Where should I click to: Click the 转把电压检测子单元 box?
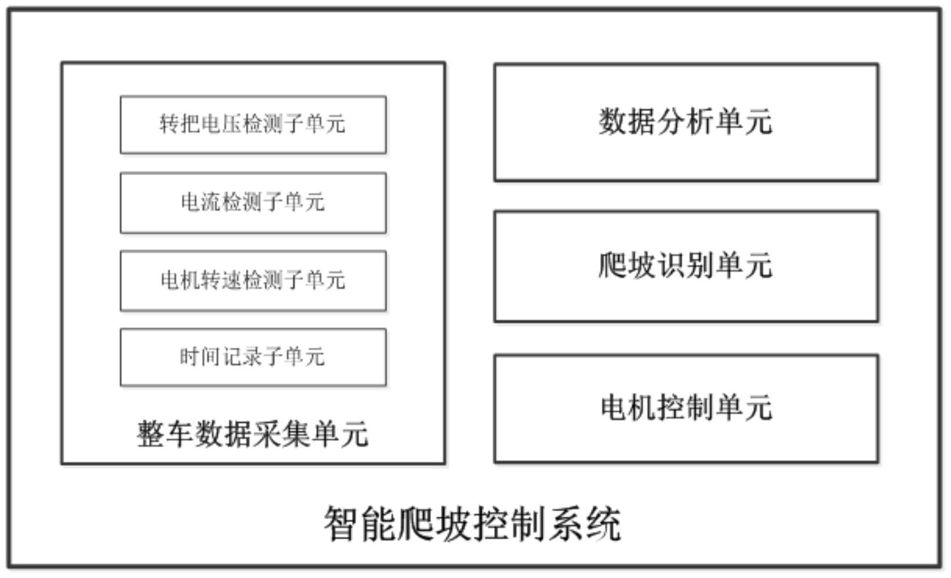[x=253, y=124]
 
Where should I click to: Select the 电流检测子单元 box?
[x=253, y=202]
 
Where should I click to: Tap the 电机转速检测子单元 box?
[x=253, y=280]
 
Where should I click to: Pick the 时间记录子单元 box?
[x=253, y=357]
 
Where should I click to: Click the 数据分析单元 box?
[x=686, y=122]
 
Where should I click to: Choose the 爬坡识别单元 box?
[x=686, y=266]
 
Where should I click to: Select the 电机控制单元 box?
[x=686, y=408]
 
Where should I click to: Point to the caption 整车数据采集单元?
[x=253, y=434]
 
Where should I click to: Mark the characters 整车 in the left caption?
[x=165, y=434]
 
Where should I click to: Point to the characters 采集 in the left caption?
[x=282, y=434]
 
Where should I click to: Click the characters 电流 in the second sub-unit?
[x=201, y=202]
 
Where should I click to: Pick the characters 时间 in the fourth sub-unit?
[x=200, y=357]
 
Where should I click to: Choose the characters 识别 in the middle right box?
[x=686, y=266]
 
